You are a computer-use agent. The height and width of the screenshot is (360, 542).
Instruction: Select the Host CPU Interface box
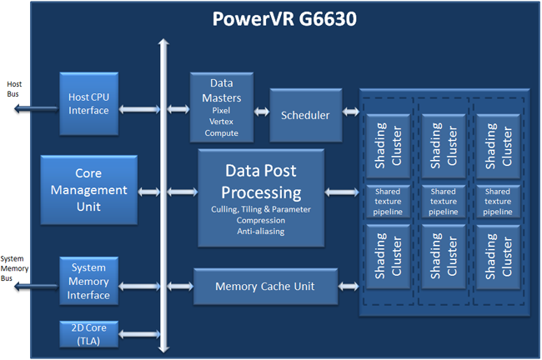pyautogui.click(x=88, y=103)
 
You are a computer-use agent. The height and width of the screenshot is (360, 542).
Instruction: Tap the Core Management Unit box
pyautogui.click(x=88, y=190)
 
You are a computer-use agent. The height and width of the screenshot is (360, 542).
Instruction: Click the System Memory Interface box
pyautogui.click(x=88, y=282)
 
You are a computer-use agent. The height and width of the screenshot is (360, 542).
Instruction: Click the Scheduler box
pyautogui.click(x=305, y=115)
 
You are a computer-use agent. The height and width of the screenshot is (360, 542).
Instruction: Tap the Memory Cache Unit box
pyautogui.click(x=265, y=287)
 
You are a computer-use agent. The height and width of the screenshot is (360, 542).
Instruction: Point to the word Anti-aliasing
pyautogui.click(x=261, y=232)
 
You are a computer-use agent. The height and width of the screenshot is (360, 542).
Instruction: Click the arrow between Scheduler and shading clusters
pyautogui.click(x=350, y=111)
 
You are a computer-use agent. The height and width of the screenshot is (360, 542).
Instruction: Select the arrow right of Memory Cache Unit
pyautogui.click(x=350, y=287)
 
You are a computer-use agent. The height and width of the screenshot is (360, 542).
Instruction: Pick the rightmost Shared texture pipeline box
pyautogui.click(x=497, y=202)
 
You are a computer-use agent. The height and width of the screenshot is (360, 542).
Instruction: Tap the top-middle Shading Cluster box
pyautogui.click(x=443, y=143)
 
